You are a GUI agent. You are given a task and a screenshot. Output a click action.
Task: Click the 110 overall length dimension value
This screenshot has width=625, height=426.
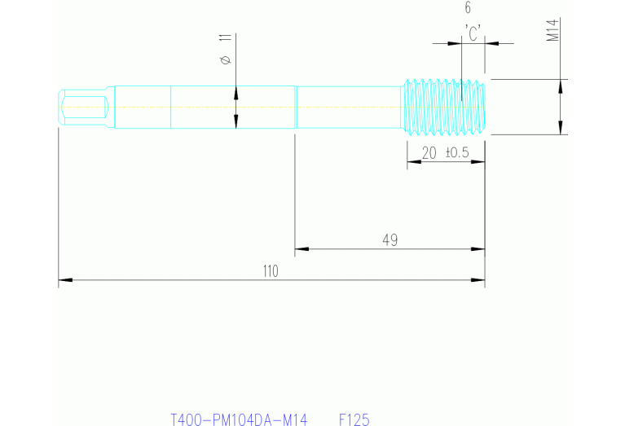tap(271, 272)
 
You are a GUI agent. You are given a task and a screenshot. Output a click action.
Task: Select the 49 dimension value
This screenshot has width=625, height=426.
tap(390, 239)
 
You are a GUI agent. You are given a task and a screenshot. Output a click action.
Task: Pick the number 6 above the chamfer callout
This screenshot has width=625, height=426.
tap(468, 8)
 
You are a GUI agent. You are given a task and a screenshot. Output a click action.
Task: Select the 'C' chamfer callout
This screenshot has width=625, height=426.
tap(473, 32)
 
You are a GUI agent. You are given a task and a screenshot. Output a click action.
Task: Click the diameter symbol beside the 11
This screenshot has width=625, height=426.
tap(226, 59)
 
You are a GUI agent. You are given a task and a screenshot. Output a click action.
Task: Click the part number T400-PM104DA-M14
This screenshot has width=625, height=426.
tap(239, 420)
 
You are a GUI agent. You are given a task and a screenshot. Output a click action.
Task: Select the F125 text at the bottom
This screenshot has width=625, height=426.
tap(354, 420)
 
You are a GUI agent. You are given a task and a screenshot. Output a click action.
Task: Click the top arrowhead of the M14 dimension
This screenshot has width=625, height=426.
tap(561, 85)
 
